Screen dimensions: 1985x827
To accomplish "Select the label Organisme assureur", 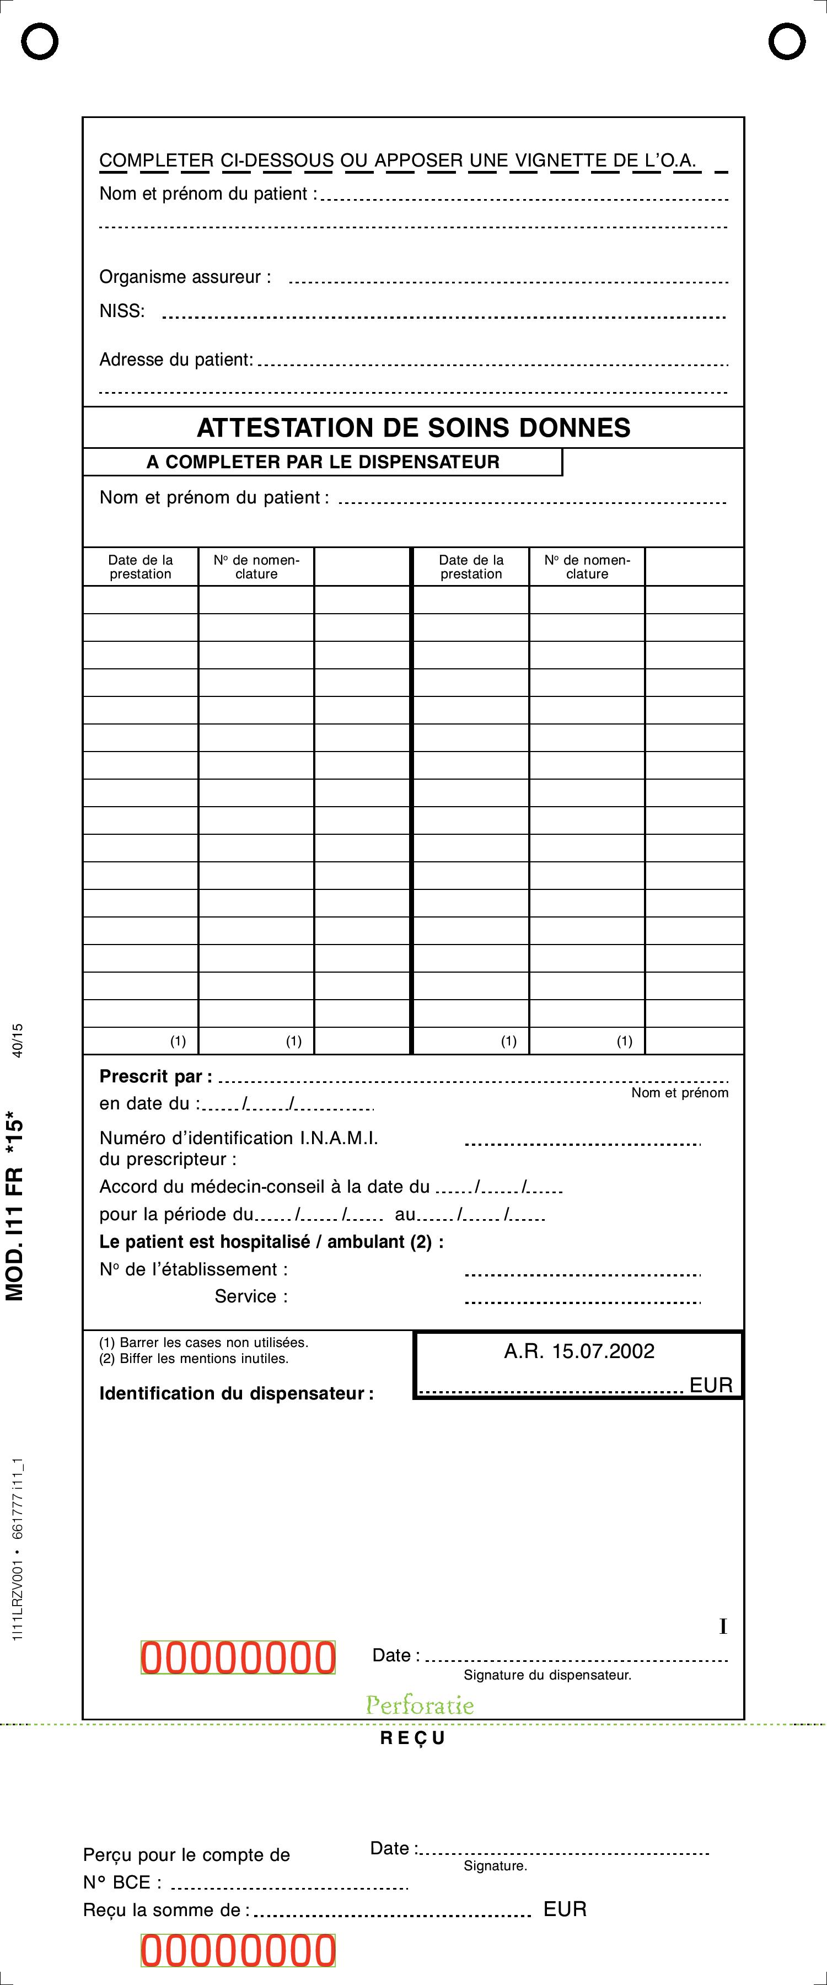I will click(x=185, y=277).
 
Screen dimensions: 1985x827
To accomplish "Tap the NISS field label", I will click(x=122, y=312).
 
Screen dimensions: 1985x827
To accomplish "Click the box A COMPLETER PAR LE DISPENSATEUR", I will click(x=323, y=462).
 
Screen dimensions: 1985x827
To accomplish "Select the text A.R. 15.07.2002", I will click(x=579, y=1351).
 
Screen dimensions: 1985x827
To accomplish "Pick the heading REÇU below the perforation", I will click(x=413, y=1737).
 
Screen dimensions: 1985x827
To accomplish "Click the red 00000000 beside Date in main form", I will click(x=238, y=1657).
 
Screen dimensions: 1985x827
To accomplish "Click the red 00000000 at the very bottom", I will click(x=238, y=1951).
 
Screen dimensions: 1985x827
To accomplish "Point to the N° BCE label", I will click(x=122, y=1882).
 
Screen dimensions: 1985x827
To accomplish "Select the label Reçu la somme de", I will click(x=166, y=1909).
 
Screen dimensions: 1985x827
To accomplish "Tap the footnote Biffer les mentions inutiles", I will click(x=194, y=1359).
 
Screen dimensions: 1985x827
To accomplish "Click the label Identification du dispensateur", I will click(x=236, y=1393).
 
